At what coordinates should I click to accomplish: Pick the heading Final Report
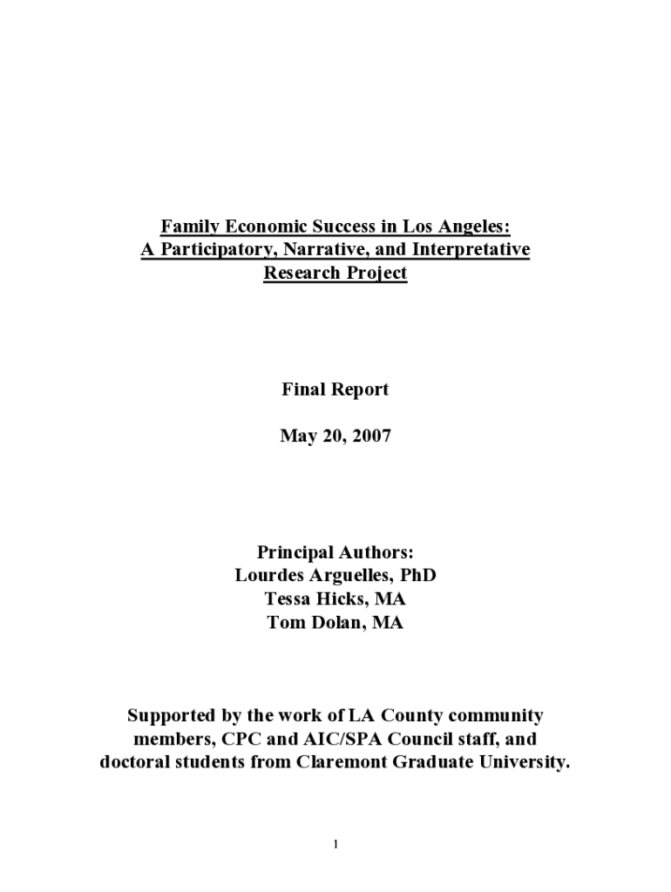335,389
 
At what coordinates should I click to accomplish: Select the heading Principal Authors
335,553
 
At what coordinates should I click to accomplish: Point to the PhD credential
417,576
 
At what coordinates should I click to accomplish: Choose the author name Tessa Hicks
315,599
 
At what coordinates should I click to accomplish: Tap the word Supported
171,716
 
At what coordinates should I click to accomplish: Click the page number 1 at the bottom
335,844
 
